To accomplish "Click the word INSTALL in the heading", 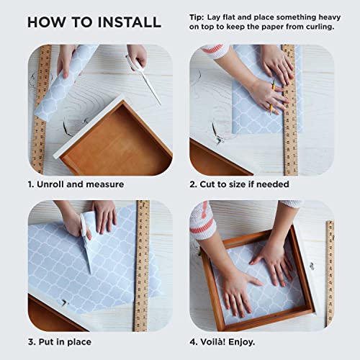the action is (x=130, y=22).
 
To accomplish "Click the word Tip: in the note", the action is (x=197, y=17).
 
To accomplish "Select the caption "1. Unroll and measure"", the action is (x=76, y=184).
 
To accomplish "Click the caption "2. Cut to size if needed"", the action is (x=239, y=184).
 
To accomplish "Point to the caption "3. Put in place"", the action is (x=60, y=342).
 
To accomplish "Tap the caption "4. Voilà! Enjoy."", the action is (x=222, y=342).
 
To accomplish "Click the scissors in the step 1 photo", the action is (x=144, y=78).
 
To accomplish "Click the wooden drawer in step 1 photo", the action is (x=113, y=137).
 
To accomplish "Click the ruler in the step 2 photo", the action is (x=290, y=110).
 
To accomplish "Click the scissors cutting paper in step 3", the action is (x=86, y=243).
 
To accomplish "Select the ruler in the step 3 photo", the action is (x=142, y=266).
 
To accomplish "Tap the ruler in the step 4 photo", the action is (x=330, y=274).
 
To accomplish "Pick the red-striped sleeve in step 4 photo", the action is (x=202, y=222).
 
